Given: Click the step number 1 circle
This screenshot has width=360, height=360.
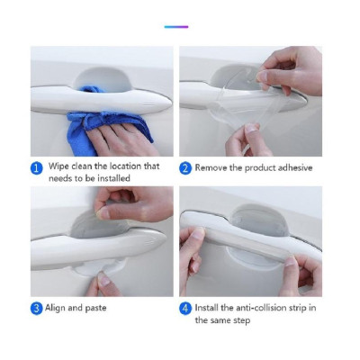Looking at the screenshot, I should pos(37,166).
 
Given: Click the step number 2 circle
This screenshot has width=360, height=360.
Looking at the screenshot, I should pos(185,166).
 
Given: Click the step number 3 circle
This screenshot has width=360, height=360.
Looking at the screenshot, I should pos(37,309).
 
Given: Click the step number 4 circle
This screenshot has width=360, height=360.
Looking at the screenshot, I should pos(185,309).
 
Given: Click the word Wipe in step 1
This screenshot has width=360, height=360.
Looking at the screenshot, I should pos(59,166).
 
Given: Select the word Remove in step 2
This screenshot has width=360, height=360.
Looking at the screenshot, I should pos(214,166).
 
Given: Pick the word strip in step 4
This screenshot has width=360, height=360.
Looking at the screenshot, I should pos(314,309).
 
